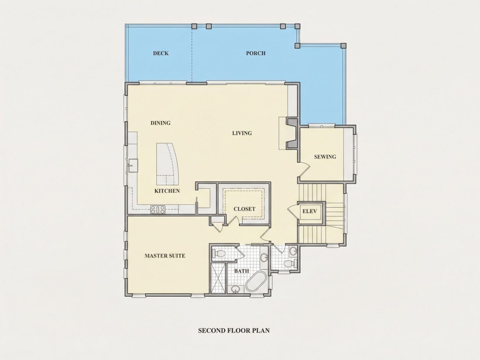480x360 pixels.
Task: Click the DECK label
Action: pyautogui.click(x=161, y=53)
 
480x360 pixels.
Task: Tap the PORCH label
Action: pyautogui.click(x=256, y=53)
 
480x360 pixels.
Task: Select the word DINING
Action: pyautogui.click(x=161, y=123)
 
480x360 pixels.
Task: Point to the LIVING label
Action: pyautogui.click(x=242, y=133)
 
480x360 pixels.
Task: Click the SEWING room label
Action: pyautogui.click(x=325, y=157)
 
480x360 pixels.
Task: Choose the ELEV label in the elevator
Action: pyautogui.click(x=309, y=211)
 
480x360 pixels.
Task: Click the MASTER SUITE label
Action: pyautogui.click(x=165, y=256)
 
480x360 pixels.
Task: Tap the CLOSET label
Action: pyautogui.click(x=244, y=209)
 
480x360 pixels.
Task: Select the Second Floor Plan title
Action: pyautogui.click(x=234, y=331)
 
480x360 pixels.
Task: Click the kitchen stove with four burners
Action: pyautogui.click(x=158, y=210)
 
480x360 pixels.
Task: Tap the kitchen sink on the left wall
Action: pyautogui.click(x=133, y=166)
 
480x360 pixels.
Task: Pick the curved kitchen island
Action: pyautogui.click(x=168, y=164)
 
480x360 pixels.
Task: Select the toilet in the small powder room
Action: pyautogui.click(x=290, y=263)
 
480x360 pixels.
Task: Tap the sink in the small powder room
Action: pyautogui.click(x=294, y=251)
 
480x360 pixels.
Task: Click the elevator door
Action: pyautogui.click(x=293, y=211)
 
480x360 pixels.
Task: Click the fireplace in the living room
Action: pyautogui.click(x=291, y=134)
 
